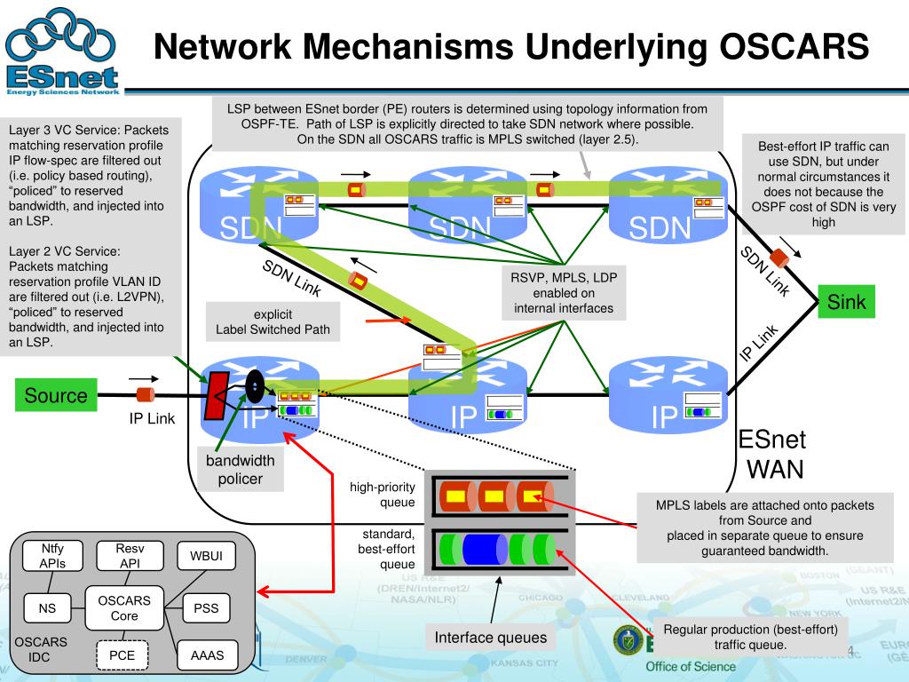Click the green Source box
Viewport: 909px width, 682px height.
coord(56,395)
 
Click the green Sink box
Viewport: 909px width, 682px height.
coord(846,302)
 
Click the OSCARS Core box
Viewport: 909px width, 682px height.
coord(123,608)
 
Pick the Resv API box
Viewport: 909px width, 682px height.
coord(130,556)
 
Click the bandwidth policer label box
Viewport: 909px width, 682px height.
coord(241,470)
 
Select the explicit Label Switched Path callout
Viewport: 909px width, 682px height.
coord(273,322)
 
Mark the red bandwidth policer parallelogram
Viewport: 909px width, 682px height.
coord(217,395)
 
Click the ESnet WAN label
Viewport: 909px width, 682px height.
coord(771,454)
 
